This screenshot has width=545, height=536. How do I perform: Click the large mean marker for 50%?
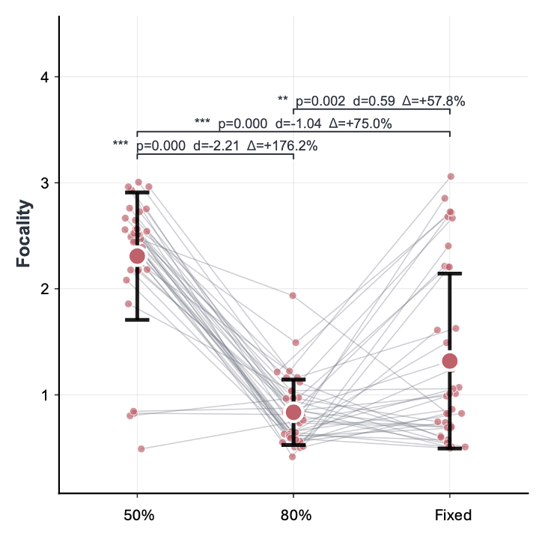(137, 256)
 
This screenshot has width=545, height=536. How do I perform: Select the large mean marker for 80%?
(293, 412)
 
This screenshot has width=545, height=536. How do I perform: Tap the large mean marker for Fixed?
(449, 362)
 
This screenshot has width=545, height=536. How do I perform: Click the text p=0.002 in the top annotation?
(320, 101)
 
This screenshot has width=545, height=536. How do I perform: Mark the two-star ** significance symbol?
(282, 100)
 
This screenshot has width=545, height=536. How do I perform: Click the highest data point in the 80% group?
(293, 296)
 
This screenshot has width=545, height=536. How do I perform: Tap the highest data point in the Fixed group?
(451, 177)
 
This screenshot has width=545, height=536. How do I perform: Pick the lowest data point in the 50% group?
(141, 449)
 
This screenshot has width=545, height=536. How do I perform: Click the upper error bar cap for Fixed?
(449, 274)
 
